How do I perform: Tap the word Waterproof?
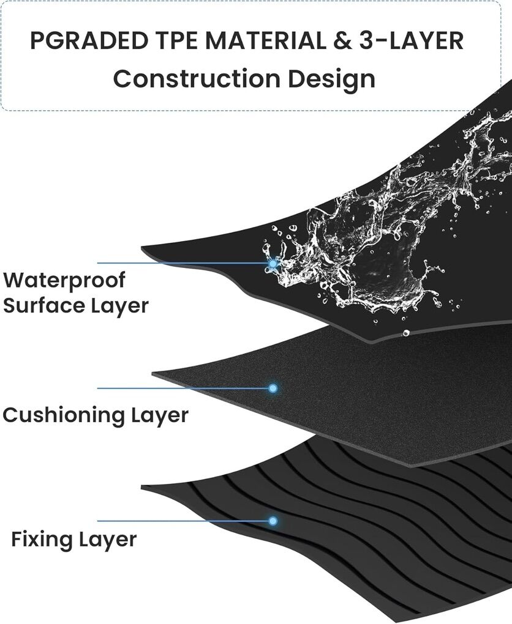(x=64, y=280)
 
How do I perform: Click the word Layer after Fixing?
(x=108, y=540)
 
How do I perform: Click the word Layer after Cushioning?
(x=160, y=415)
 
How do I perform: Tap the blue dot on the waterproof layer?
(x=273, y=264)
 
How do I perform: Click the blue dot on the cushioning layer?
(x=273, y=388)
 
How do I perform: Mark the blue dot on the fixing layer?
(x=273, y=521)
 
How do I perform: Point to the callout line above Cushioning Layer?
(x=184, y=388)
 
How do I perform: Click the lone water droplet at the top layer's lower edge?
(x=405, y=333)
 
